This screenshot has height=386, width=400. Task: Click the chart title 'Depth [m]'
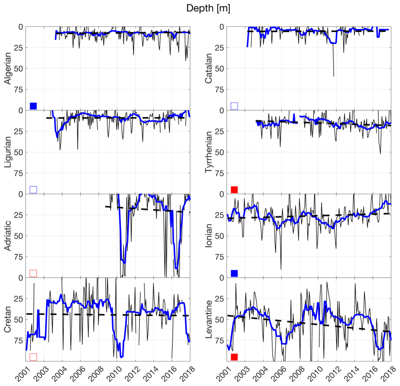pyautogui.click(x=208, y=8)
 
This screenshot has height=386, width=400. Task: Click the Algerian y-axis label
pyautogui.click(x=7, y=68)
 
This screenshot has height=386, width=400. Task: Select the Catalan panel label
pyautogui.click(x=208, y=68)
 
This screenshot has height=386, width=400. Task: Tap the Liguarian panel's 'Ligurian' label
pyautogui.click(x=7, y=152)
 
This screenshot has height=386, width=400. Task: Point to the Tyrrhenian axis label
pyautogui.click(x=208, y=152)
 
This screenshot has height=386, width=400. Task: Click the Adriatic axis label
pyautogui.click(x=7, y=236)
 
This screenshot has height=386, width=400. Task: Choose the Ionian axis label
pyautogui.click(x=208, y=236)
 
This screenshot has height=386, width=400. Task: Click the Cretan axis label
pyautogui.click(x=7, y=319)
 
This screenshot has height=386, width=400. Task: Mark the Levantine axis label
pyautogui.click(x=208, y=319)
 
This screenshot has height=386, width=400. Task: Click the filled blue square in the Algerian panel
pyautogui.click(x=33, y=106)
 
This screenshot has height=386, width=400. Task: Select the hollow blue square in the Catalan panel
pyautogui.click(x=234, y=106)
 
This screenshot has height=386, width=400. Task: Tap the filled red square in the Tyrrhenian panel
pyautogui.click(x=234, y=190)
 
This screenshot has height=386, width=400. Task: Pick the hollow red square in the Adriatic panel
pyautogui.click(x=33, y=273)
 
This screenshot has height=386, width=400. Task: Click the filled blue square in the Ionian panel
pyautogui.click(x=234, y=273)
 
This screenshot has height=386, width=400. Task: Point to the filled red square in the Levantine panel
pyautogui.click(x=234, y=357)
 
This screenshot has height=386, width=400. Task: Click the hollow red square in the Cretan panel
pyautogui.click(x=33, y=357)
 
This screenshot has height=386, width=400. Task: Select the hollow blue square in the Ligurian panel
pyautogui.click(x=33, y=190)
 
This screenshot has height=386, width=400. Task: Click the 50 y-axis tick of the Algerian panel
pyautogui.click(x=19, y=69)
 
